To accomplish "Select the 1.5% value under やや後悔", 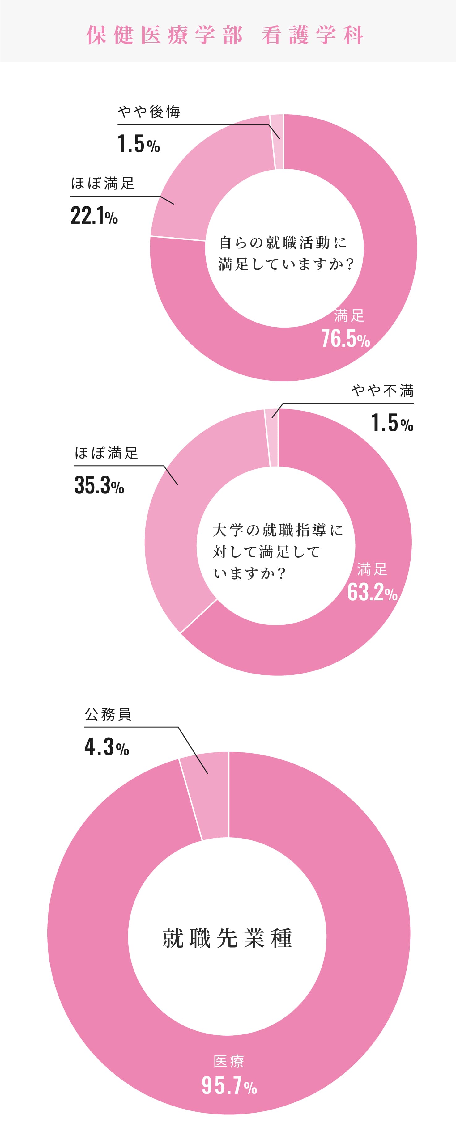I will coord(138,144).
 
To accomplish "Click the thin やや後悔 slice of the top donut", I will coord(277,142).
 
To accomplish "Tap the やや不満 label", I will coord(382,390).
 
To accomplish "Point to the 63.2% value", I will coord(372,592).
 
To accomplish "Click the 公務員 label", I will coord(108,714).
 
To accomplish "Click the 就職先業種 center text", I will coord(227,938).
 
